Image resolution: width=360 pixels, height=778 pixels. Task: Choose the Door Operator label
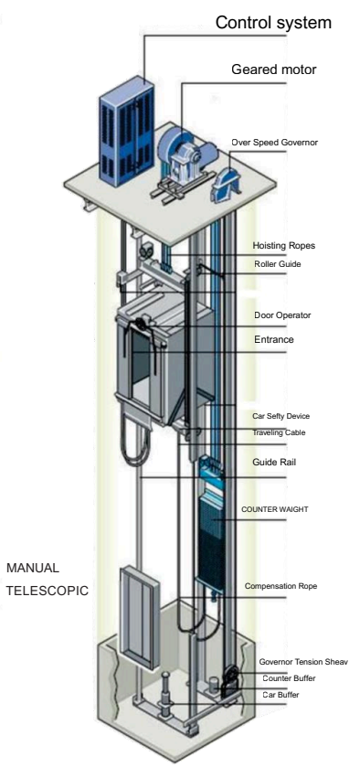282,315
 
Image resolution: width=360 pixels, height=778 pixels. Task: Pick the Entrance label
275,339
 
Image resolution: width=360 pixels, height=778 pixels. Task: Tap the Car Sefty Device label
287,415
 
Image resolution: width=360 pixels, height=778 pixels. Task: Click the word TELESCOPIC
47,591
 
